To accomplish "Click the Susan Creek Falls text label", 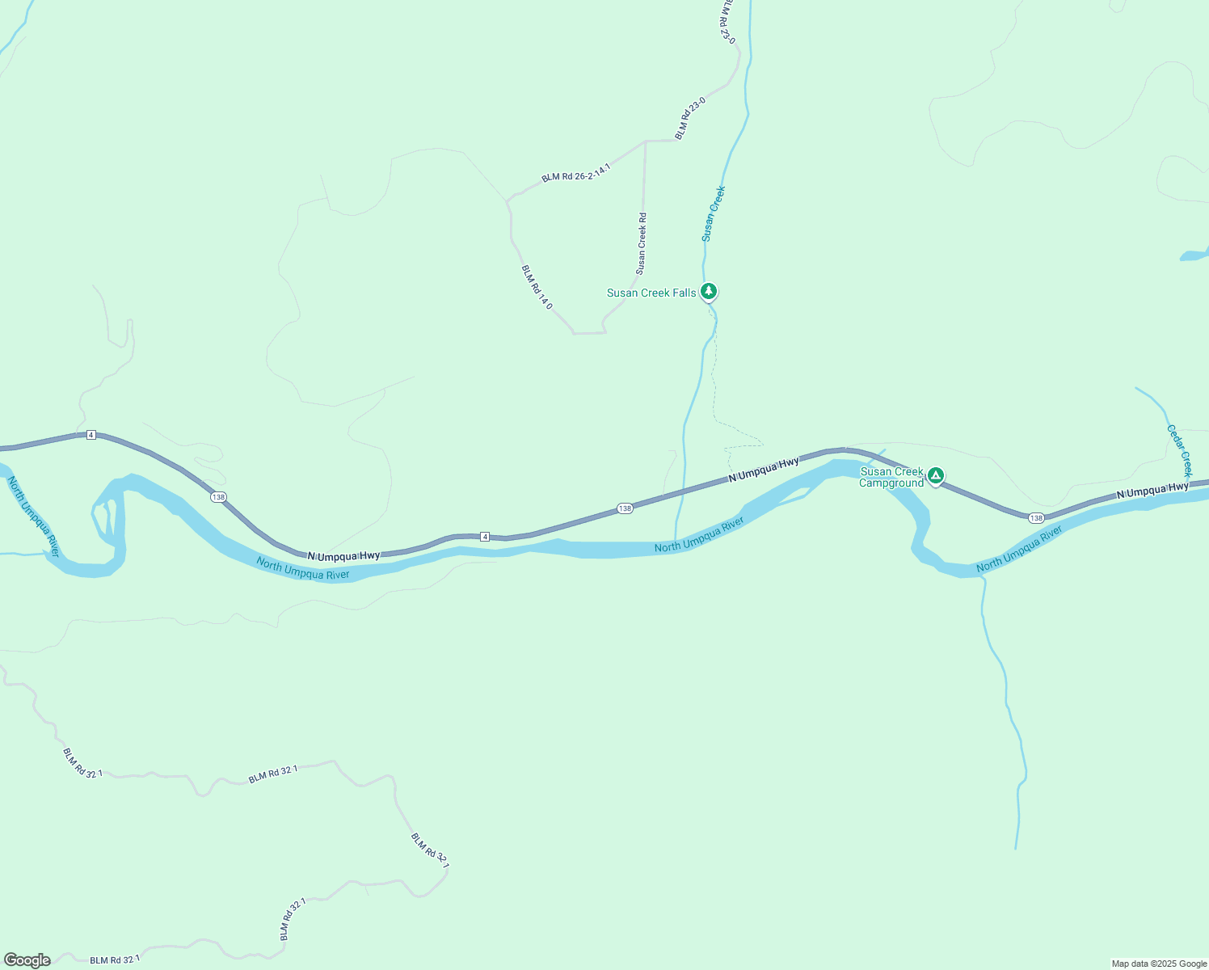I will (x=651, y=293).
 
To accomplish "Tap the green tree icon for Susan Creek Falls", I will (x=709, y=291).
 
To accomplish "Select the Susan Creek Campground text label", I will (x=891, y=478).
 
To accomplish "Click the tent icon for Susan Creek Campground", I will (x=935, y=475).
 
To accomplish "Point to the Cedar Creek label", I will (x=1180, y=450).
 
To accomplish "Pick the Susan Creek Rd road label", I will (x=642, y=242).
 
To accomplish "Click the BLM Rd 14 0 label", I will (x=537, y=287).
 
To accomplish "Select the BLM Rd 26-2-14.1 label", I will (x=576, y=172).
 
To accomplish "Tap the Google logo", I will (x=27, y=960).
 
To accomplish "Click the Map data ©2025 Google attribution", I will (x=1159, y=964).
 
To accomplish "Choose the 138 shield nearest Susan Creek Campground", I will (x=1036, y=517).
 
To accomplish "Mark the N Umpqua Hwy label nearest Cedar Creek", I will (x=1152, y=488).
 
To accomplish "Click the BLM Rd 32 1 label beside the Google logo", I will (x=112, y=960).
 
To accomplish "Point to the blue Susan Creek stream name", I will (x=713, y=213).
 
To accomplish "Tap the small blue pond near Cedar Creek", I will (x=1193, y=256).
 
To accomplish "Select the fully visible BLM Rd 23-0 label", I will (x=690, y=118).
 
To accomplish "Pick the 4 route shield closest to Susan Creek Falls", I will (x=485, y=537).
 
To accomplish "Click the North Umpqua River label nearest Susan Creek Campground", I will (x=1019, y=550).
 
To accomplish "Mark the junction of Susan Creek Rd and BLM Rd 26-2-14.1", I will (x=645, y=141).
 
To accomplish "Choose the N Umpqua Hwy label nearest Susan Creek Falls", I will (x=764, y=470).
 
